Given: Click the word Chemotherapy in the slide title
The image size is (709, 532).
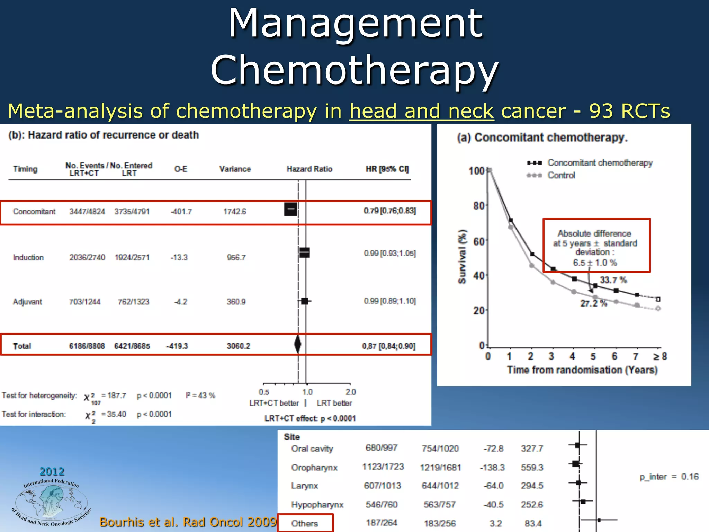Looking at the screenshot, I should (354, 70).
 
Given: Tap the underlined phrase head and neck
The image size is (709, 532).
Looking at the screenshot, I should (421, 111).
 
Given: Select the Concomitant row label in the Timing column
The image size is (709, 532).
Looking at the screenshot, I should (34, 212).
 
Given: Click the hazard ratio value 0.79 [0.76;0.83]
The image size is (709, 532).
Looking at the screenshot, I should (389, 211).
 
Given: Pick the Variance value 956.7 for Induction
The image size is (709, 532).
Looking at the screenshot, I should (236, 258).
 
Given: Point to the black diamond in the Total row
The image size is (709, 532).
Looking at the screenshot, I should (297, 344).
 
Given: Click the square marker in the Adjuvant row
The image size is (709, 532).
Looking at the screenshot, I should (305, 301).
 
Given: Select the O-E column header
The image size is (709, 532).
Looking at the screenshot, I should (181, 169).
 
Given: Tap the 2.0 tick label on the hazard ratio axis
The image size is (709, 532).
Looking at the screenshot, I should (350, 392).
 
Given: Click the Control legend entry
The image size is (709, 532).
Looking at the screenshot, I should (561, 175).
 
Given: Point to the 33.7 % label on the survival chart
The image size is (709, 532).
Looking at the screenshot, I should (613, 280).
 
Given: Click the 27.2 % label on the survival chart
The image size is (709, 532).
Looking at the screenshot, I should (593, 303).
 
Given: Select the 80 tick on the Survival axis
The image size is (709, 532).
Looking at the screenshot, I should (479, 206).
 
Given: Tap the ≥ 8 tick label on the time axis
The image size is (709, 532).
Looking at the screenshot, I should (660, 356).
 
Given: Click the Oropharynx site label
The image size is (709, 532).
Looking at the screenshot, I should (314, 468).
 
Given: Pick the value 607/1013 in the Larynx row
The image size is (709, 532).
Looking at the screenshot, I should (382, 486).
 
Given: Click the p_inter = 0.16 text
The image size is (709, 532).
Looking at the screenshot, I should (669, 477).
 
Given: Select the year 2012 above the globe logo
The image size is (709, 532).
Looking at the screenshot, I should (52, 471).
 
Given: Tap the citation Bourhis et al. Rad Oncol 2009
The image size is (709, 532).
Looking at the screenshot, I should (188, 522).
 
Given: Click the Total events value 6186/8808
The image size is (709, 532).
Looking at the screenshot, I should (87, 346).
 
